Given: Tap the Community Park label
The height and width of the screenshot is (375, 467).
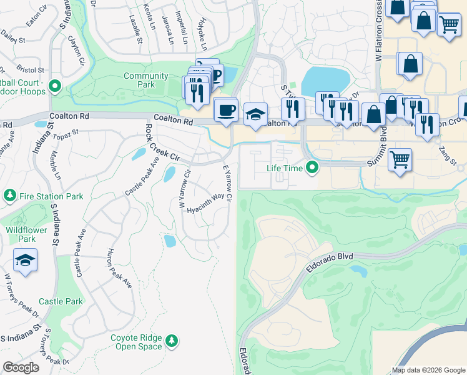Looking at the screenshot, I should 146,80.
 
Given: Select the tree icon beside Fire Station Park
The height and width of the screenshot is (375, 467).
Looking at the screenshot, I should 9,196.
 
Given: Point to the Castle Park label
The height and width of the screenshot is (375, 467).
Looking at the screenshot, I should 61,301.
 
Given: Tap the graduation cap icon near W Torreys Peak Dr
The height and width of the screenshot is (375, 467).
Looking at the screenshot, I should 25,259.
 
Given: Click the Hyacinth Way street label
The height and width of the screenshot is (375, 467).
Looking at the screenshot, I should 205,203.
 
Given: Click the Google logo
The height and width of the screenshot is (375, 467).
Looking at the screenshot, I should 21,367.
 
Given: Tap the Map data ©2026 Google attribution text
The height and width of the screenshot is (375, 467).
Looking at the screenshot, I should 428,370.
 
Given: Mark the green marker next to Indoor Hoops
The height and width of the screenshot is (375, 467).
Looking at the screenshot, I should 55,87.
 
